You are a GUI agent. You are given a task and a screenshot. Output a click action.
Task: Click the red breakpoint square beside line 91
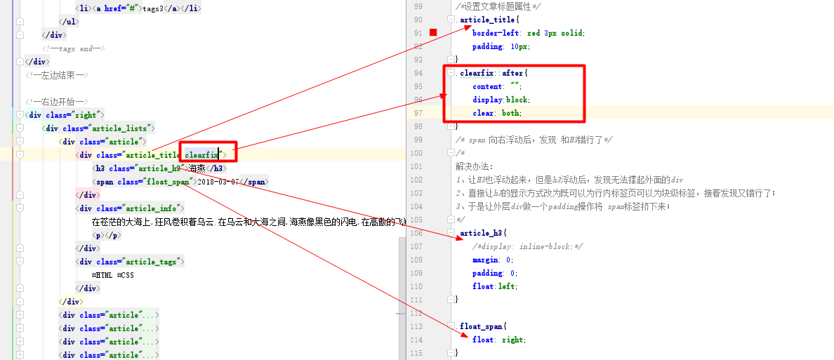433,33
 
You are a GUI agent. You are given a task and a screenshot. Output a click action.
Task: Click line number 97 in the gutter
418,113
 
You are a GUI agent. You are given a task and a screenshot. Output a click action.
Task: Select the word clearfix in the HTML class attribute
201,155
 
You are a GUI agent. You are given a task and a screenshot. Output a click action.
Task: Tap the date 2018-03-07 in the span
218,182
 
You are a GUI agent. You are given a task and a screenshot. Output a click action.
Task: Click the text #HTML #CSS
113,276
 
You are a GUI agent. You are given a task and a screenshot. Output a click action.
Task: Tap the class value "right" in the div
86,115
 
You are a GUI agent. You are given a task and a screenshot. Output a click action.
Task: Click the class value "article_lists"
121,128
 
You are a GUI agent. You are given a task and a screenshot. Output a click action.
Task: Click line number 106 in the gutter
418,233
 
